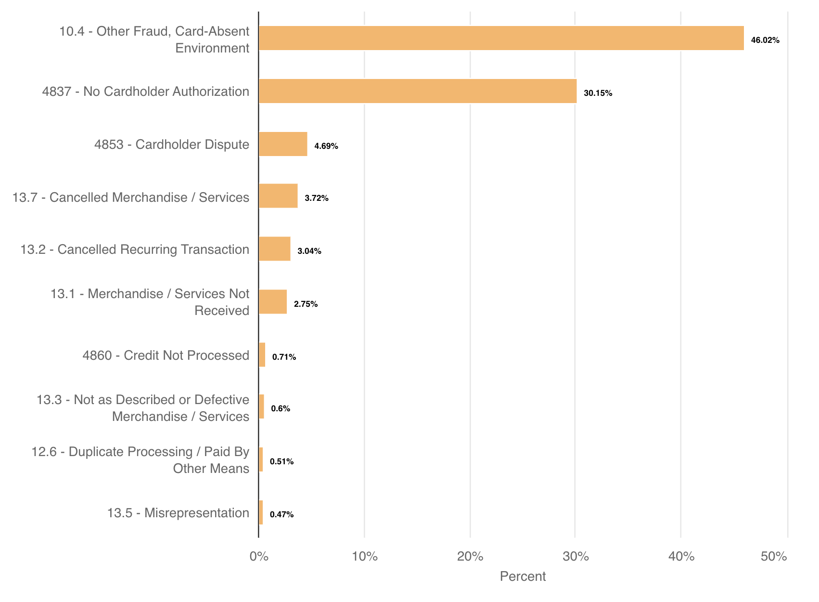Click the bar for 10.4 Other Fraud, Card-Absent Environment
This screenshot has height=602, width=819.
pos(501,38)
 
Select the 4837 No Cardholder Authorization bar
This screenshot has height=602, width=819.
pos(418,91)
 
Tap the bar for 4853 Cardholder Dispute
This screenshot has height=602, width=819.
pos(283,144)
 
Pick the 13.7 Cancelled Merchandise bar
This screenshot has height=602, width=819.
pos(278,196)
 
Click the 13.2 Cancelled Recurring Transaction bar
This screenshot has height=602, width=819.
pos(274,249)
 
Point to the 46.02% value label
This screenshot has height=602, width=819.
pos(765,40)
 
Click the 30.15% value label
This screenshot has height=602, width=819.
pos(598,93)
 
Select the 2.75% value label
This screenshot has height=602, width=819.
pos(306,304)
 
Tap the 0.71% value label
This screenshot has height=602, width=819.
pos(284,357)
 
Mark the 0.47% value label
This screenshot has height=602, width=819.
pos(282,515)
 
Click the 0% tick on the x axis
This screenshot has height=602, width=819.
pos(259,557)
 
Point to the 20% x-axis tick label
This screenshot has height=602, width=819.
pos(470,557)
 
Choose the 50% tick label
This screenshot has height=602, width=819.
pos(774,557)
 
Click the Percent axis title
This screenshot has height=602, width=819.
pos(523,576)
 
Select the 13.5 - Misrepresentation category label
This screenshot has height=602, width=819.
pos(178,513)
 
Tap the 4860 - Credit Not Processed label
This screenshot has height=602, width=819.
pos(166,355)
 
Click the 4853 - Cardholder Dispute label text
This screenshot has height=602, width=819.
pos(172,144)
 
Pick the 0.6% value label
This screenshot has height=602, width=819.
pos(281,409)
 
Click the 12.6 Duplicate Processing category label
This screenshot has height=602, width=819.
pos(141,460)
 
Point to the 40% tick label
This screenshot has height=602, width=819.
pos(681,557)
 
